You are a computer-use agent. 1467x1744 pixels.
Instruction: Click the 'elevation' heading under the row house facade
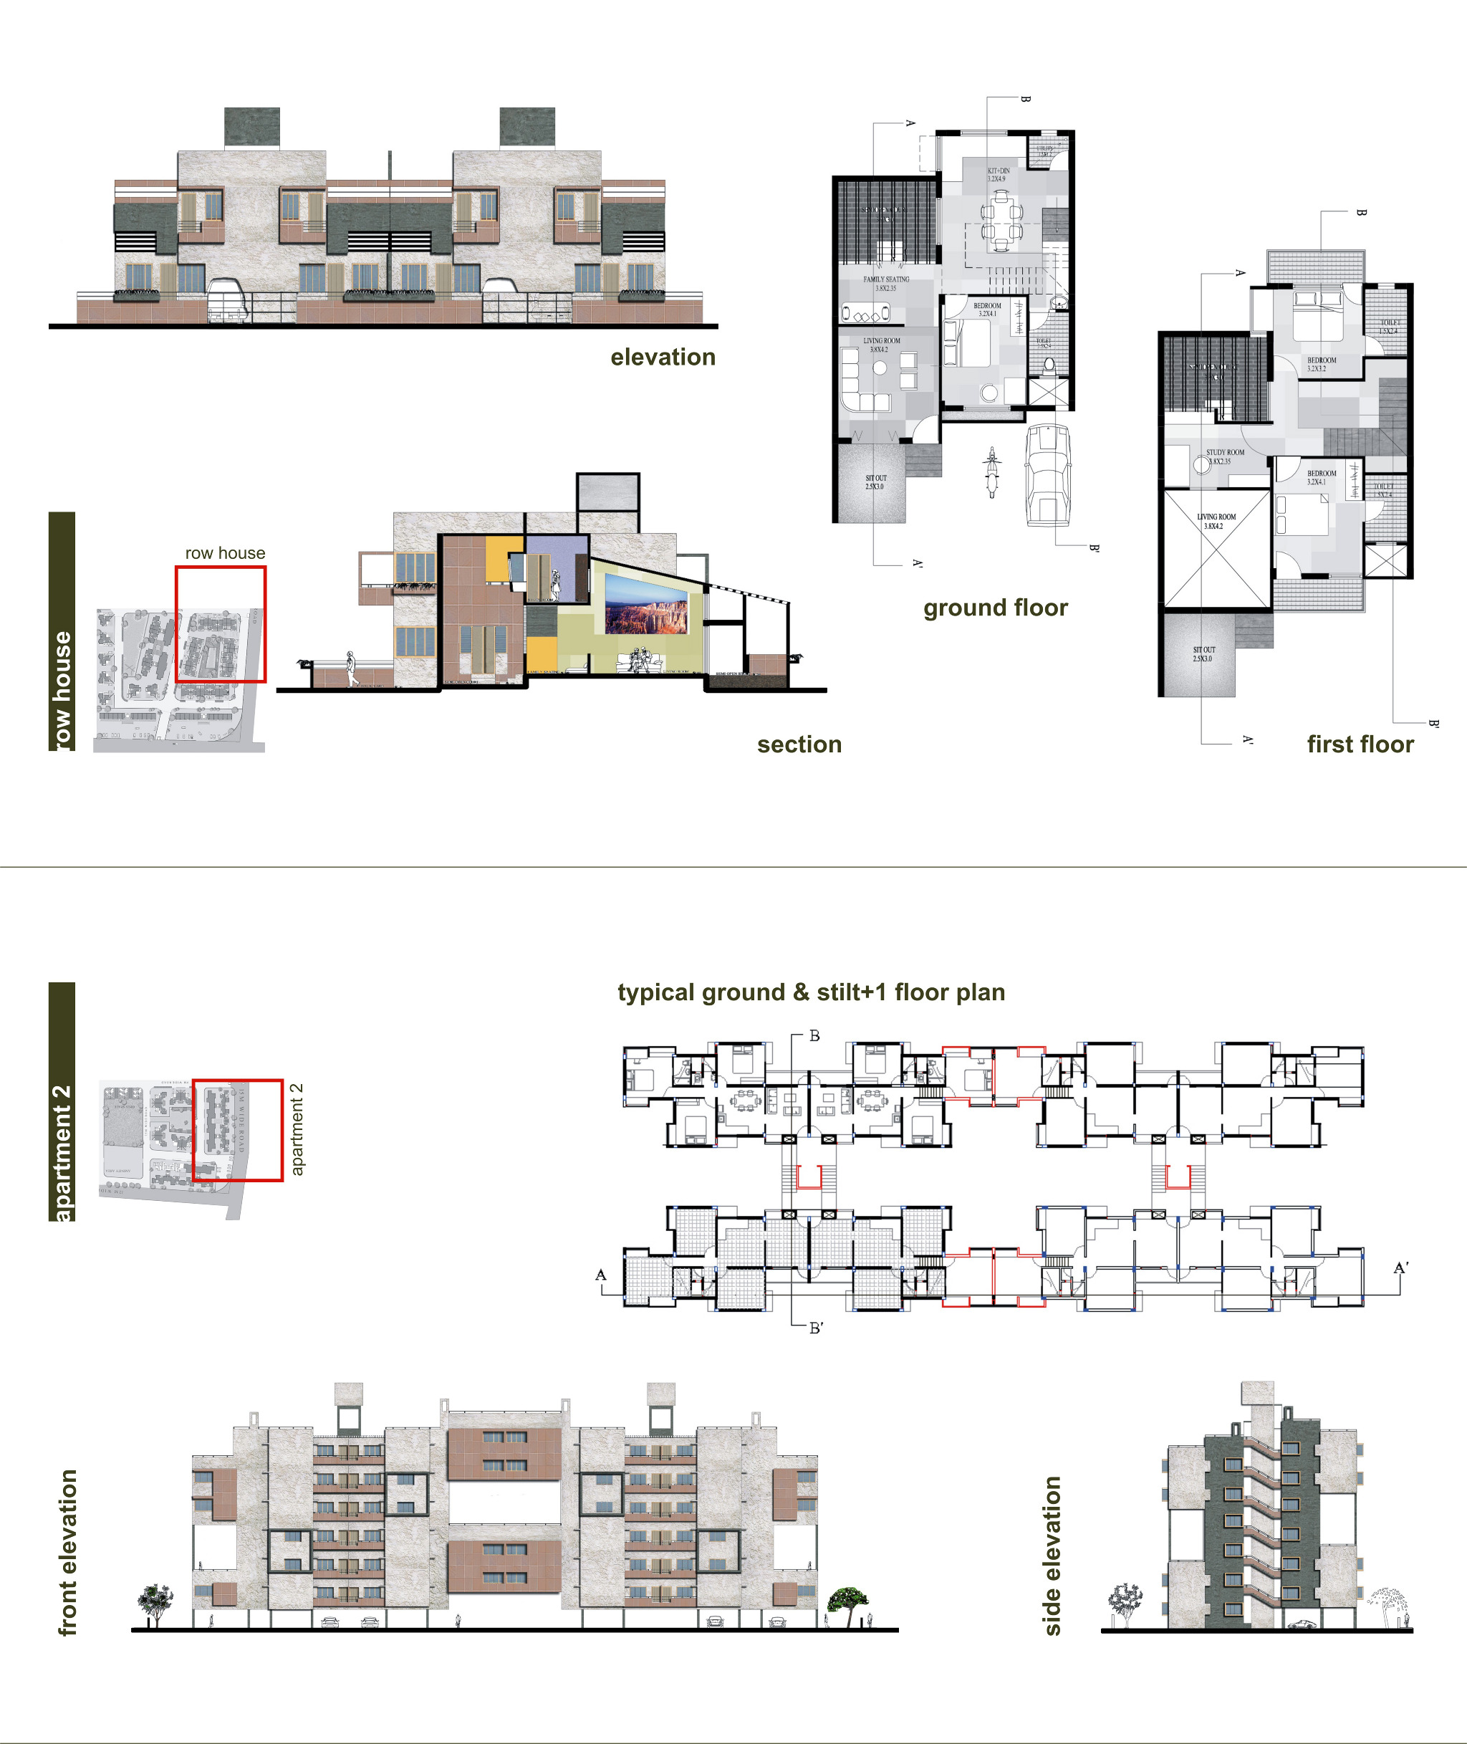coord(663,357)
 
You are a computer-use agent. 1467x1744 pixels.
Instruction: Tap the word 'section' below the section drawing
coord(799,744)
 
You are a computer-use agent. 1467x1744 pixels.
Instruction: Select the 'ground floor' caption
coord(995,608)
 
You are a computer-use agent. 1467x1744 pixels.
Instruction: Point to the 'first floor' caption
coord(1360,744)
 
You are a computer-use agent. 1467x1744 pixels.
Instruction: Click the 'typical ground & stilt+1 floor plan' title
coord(811,992)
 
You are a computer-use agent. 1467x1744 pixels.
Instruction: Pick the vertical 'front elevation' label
coord(67,1552)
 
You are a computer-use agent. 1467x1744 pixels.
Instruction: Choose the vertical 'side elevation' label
coord(1052,1556)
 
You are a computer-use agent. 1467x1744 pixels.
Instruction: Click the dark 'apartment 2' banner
coord(62,1102)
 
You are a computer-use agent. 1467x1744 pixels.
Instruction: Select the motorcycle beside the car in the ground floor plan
coord(991,471)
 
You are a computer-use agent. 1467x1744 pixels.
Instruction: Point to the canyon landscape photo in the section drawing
coord(646,604)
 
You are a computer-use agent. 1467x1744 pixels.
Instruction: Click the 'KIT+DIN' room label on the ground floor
coord(998,175)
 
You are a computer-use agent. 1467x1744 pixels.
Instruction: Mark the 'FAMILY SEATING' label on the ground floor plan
coord(885,284)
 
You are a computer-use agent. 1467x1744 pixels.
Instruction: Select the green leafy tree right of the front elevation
coord(847,1601)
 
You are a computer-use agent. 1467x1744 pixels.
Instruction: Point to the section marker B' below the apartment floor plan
coord(816,1328)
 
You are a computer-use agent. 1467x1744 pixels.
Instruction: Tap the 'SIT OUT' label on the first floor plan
coord(1203,653)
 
